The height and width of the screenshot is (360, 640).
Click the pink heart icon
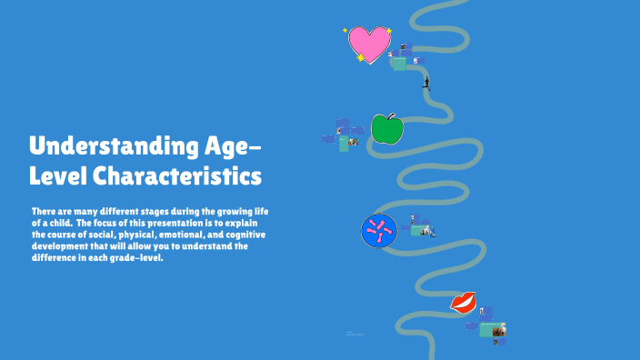coord(369,43)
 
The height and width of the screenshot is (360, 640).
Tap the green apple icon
coord(387,130)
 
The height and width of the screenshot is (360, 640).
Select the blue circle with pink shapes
coord(379,231)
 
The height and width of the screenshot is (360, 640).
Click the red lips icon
coord(464,303)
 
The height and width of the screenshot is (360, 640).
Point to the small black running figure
coord(425,84)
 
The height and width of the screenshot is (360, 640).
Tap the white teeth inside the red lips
coord(464,302)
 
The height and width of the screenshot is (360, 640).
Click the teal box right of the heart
coord(398,63)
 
